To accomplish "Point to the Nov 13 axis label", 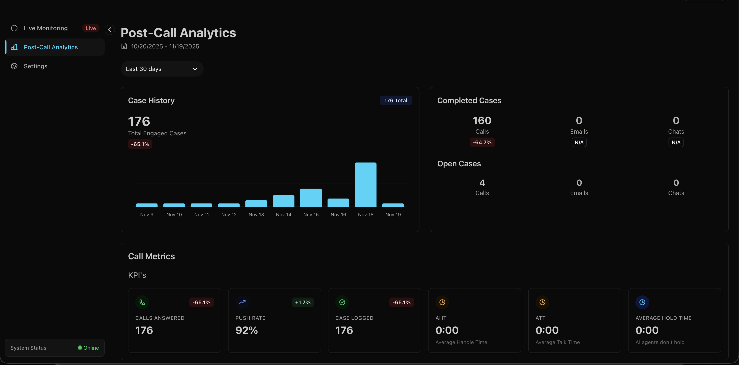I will pyautogui.click(x=256, y=215).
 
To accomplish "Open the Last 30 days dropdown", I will pyautogui.click(x=162, y=69).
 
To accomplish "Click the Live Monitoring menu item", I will pyautogui.click(x=46, y=28).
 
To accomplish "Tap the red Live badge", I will pyautogui.click(x=91, y=28).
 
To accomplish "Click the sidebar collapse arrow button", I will pyautogui.click(x=110, y=30).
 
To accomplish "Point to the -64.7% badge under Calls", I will pyautogui.click(x=482, y=142).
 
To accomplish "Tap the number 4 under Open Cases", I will pyautogui.click(x=482, y=183).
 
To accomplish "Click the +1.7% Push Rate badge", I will pyautogui.click(x=303, y=303).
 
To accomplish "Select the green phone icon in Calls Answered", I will pyautogui.click(x=142, y=302).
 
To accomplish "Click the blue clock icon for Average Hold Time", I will pyautogui.click(x=642, y=302).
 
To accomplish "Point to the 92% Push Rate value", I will pyautogui.click(x=246, y=330).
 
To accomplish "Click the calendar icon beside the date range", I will pyautogui.click(x=124, y=46).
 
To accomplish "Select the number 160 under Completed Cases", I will pyautogui.click(x=482, y=120).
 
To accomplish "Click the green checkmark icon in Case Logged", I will pyautogui.click(x=342, y=302).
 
